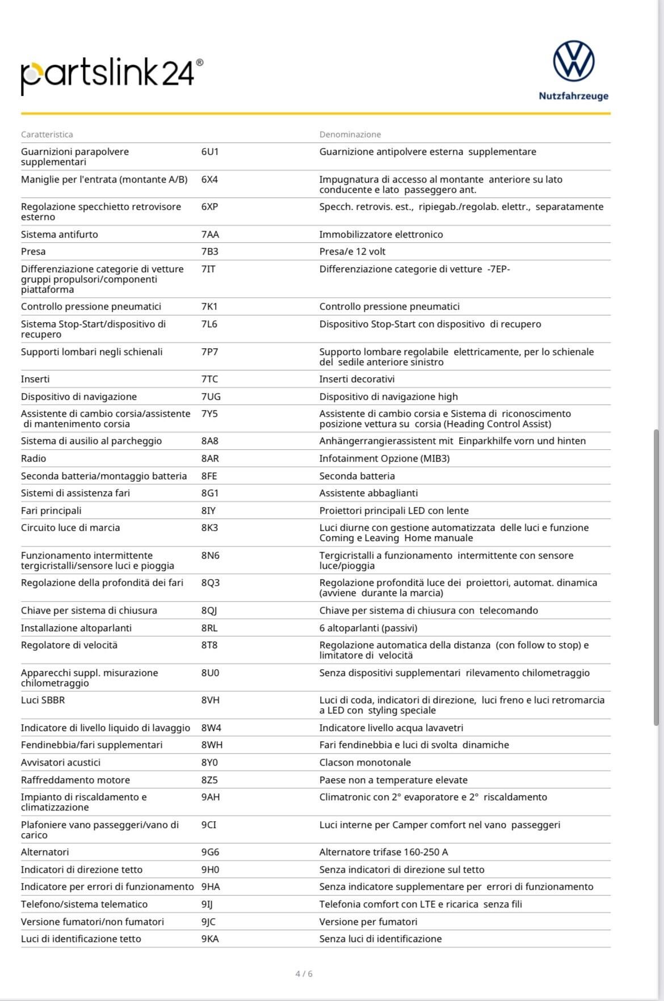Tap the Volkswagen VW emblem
coord(573,61)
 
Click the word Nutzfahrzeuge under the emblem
coord(573,96)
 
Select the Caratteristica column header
coord(47,134)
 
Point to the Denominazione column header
coord(350,134)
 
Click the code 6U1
coord(210,151)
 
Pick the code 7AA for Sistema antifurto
coord(210,234)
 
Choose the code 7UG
coord(211,396)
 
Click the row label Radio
coord(33,458)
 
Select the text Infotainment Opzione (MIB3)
coord(384,458)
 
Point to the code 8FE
coord(209,476)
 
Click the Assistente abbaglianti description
coord(368,493)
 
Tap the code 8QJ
coord(209,610)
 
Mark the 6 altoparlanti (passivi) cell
coord(368,628)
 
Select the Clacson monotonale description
coord(365,762)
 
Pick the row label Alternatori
coord(45,852)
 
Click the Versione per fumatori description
coord(368,922)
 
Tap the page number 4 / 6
coord(304,974)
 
